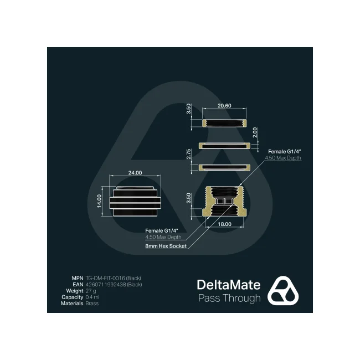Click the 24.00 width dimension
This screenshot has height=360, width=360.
click(135, 173)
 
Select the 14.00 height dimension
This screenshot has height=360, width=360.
click(99, 201)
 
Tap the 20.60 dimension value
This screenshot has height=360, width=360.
click(224, 106)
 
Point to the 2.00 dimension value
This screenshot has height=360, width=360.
click(255, 132)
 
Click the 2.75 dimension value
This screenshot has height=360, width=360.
click(188, 154)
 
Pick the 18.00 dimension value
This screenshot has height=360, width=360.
click(224, 224)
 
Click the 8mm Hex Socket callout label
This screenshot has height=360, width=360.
click(166, 246)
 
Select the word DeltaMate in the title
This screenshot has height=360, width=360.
click(229, 285)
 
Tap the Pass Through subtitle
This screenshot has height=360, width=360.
click(229, 298)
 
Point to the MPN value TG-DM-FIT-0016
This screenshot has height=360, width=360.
click(105, 278)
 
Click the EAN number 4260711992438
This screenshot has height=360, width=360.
click(106, 285)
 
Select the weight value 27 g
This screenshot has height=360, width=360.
click(91, 291)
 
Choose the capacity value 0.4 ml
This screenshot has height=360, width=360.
click(92, 297)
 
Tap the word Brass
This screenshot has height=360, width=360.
click(92, 304)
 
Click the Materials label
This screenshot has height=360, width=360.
click(72, 304)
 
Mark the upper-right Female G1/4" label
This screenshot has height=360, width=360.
click(285, 152)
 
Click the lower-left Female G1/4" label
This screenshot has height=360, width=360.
click(162, 231)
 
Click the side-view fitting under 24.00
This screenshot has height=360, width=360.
click(135, 201)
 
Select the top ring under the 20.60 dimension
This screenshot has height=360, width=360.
click(224, 123)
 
